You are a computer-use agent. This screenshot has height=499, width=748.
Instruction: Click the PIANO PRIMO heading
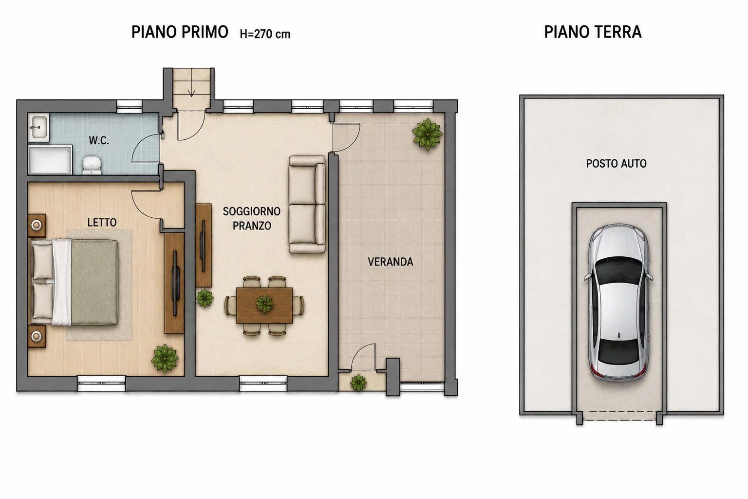pos(180,33)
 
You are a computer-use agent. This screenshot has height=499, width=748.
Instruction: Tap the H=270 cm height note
pos(265,34)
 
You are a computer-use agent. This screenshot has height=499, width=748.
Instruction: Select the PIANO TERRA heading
pos(593,33)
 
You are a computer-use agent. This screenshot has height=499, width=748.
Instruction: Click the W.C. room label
pos(99,141)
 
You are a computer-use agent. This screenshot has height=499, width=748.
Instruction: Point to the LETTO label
pos(102,223)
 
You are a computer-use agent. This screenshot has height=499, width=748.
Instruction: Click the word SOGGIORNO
pos(251,211)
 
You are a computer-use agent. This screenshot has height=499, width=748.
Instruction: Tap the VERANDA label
pos(391,262)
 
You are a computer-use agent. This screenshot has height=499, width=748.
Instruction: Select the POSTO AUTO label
pos(616,163)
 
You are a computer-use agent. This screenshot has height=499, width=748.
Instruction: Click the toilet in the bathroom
pos(92,165)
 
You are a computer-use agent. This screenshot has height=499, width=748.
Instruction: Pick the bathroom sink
pos(39,127)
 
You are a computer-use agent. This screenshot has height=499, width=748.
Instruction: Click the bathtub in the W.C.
pos(50,160)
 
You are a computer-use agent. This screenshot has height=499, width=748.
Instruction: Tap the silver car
pos(618,302)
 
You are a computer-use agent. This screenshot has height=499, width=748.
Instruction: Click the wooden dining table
pos(264,305)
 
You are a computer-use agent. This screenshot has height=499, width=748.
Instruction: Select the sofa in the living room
pos(307,204)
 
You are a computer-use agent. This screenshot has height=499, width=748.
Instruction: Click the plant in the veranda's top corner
pos(427,134)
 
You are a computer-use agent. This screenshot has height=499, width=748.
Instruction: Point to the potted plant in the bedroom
pos(165,358)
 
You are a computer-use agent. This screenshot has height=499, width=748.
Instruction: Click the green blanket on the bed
pos(94,283)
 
